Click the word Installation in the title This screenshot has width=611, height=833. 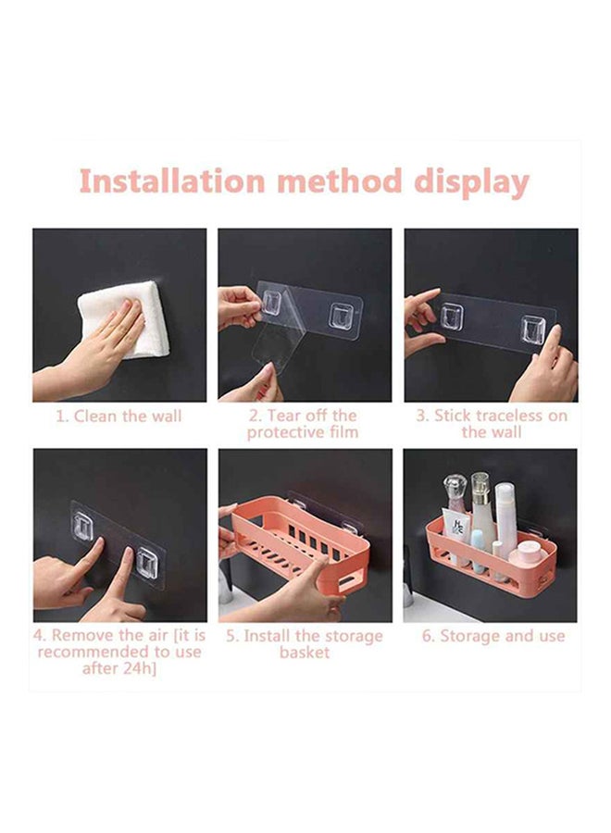(x=171, y=180)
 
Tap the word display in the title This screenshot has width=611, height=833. (x=471, y=182)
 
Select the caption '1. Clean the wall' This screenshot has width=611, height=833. (x=119, y=416)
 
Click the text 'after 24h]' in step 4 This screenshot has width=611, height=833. (x=119, y=668)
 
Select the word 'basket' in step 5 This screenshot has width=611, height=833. (x=305, y=652)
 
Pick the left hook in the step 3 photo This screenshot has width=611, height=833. (x=451, y=317)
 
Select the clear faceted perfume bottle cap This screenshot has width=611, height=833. (x=455, y=487)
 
